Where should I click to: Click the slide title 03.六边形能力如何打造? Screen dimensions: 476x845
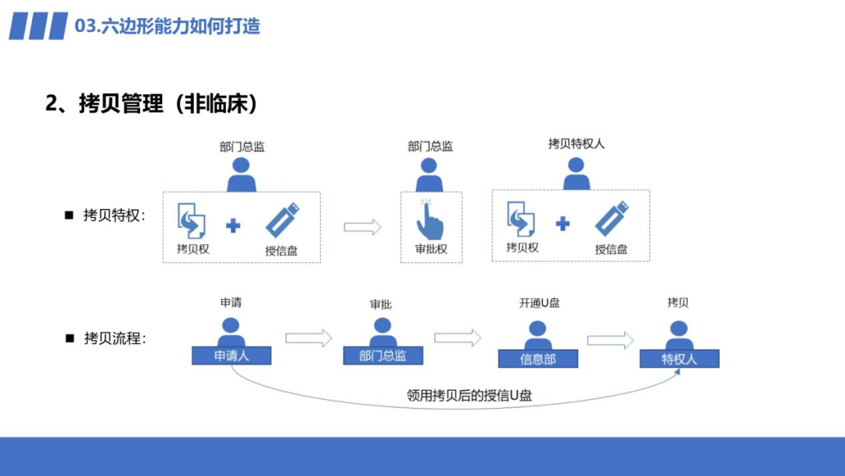pos(167,26)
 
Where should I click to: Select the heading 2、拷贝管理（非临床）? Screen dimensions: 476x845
pos(152,103)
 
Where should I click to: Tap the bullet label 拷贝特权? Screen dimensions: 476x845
pos(114,215)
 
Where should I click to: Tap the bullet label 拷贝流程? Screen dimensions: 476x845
pos(114,338)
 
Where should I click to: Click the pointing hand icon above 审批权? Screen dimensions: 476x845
pos(430,219)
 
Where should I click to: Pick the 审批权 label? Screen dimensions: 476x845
pos(430,250)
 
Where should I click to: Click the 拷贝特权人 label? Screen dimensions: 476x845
pos(576,144)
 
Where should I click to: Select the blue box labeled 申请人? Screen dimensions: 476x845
pos(231,356)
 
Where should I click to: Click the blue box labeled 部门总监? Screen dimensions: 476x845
pos(383,356)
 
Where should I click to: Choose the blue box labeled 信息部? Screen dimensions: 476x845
pos(538,359)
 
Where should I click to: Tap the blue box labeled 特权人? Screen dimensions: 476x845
pos(678,359)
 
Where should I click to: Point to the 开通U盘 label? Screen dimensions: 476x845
pos(539,303)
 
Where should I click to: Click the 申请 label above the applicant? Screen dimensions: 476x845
pos(231,302)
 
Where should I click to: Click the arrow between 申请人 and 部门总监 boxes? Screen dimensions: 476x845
pos(308,338)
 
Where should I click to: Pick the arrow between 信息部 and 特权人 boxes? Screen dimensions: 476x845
pos(610,340)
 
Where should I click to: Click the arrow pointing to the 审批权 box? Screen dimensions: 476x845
pos(362,227)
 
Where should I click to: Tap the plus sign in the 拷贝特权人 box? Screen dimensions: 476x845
pos(563,224)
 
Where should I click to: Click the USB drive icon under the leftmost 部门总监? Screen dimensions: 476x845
pos(282,220)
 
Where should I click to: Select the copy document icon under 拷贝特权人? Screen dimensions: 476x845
pos(521,218)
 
